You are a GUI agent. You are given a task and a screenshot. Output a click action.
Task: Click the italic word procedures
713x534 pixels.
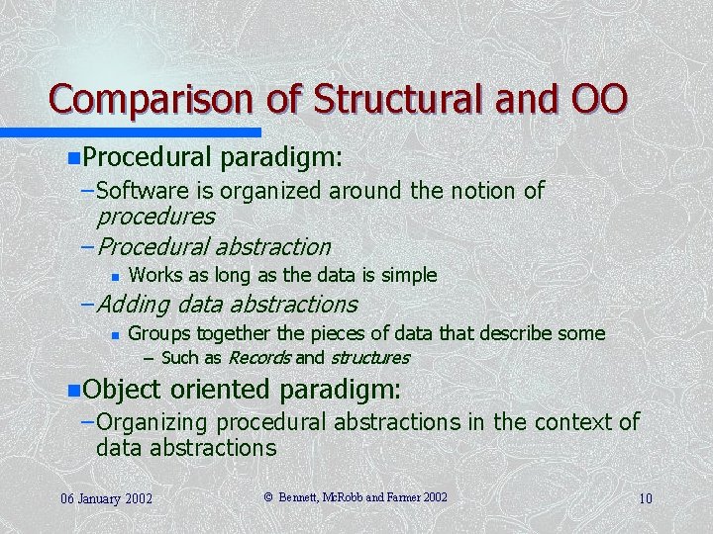[x=155, y=215]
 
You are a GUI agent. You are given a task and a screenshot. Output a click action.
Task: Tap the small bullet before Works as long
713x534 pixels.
[x=115, y=275]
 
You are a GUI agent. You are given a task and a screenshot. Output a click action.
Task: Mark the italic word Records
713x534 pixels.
[x=260, y=357]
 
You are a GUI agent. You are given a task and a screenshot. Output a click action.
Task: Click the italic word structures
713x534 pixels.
[x=369, y=357]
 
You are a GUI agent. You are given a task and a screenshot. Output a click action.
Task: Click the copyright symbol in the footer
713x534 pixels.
[x=268, y=496]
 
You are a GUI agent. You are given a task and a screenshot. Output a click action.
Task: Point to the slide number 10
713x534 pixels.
[x=645, y=497]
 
